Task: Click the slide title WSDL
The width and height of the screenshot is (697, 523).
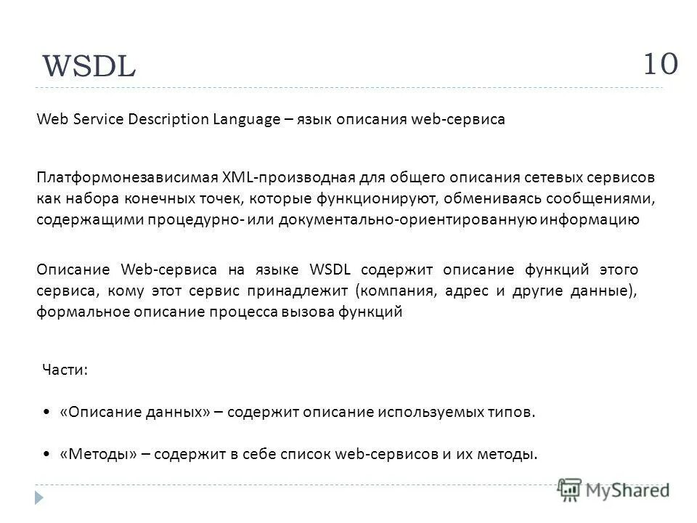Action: [x=89, y=67]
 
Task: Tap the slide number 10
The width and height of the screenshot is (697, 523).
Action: [x=660, y=63]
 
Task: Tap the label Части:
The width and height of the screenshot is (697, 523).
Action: [x=65, y=370]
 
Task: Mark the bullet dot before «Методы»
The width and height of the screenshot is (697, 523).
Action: [x=47, y=455]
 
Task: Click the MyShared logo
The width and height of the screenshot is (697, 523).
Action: [x=614, y=490]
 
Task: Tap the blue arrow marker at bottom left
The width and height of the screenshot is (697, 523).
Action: [x=39, y=497]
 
